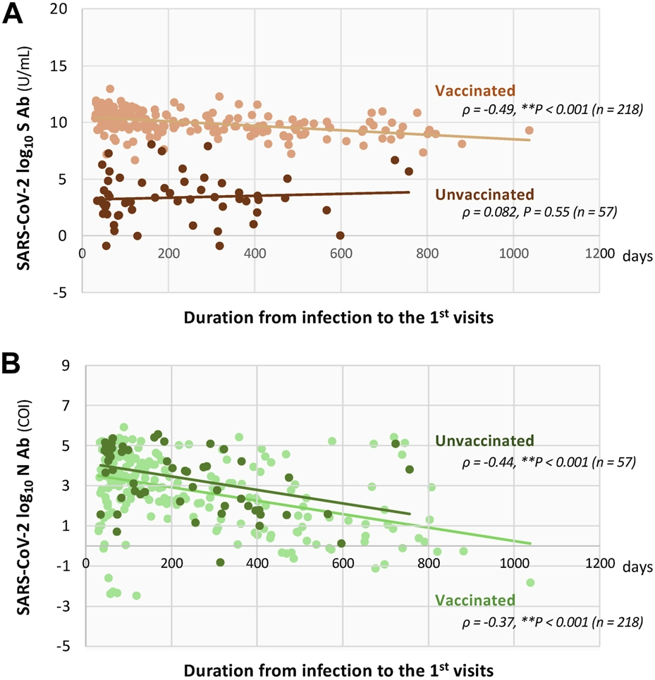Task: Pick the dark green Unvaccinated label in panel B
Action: (x=485, y=442)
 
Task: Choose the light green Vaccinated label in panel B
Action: (x=475, y=601)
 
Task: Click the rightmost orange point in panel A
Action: (x=529, y=130)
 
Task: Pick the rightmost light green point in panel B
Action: (x=530, y=583)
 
